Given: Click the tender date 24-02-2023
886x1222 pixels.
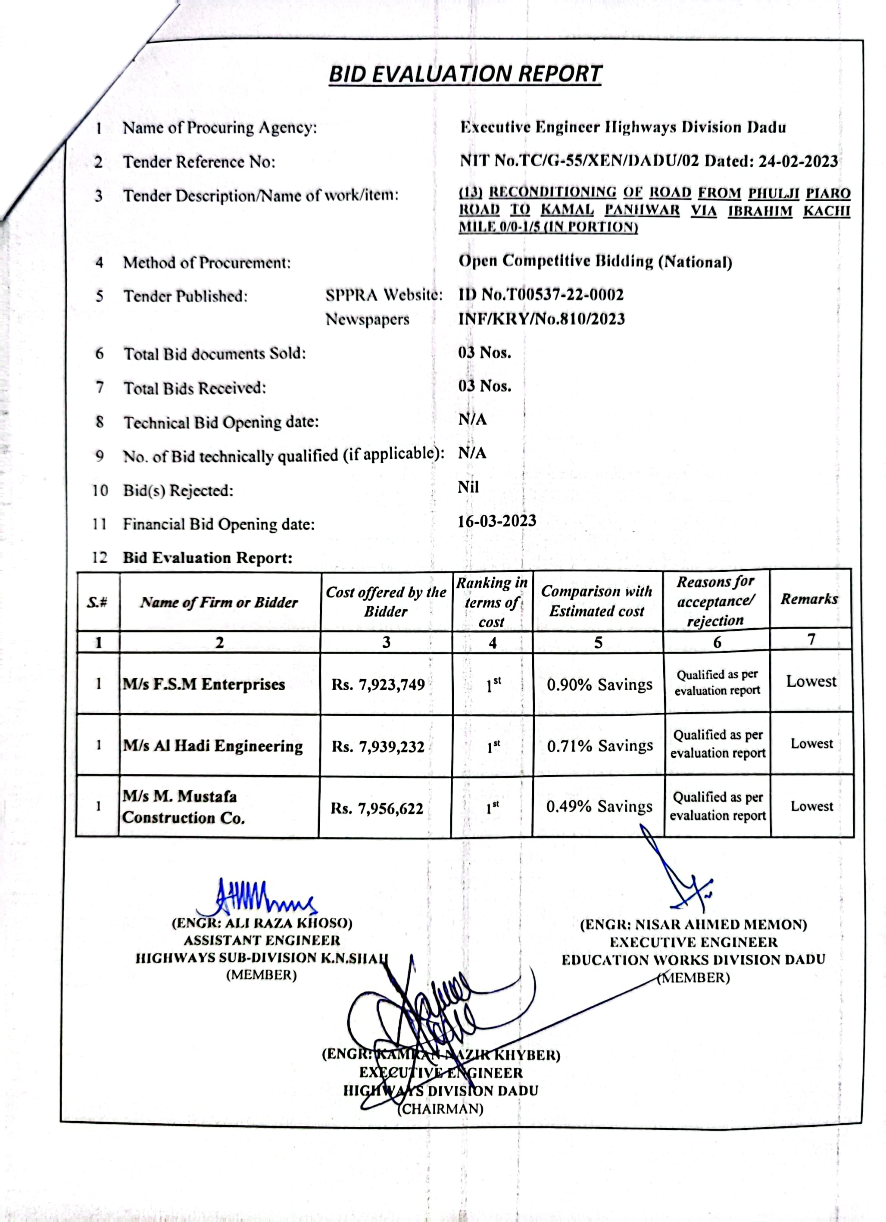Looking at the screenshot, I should [798, 162].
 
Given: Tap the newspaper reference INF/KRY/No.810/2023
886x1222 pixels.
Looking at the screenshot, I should [541, 319].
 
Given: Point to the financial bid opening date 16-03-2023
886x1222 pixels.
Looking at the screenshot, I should [496, 521].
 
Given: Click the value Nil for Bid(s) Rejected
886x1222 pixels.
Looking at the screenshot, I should [468, 487].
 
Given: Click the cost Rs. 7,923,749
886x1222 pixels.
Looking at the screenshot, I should [378, 684].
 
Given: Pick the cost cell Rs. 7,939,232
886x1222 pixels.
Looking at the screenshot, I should [378, 746].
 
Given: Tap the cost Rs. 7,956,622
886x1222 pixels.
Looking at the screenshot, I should [377, 808].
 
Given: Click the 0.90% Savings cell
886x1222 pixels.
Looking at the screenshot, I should [599, 684].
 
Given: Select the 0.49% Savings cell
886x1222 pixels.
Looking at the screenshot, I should [599, 806].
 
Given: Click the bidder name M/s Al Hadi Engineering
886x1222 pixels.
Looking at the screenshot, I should [212, 746].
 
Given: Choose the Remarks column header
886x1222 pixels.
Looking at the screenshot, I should [809, 599].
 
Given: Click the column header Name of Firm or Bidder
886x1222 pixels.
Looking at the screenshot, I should [219, 602].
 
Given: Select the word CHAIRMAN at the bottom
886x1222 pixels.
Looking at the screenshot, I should [440, 1109].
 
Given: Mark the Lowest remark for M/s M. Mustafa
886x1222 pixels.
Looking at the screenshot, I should [811, 806].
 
